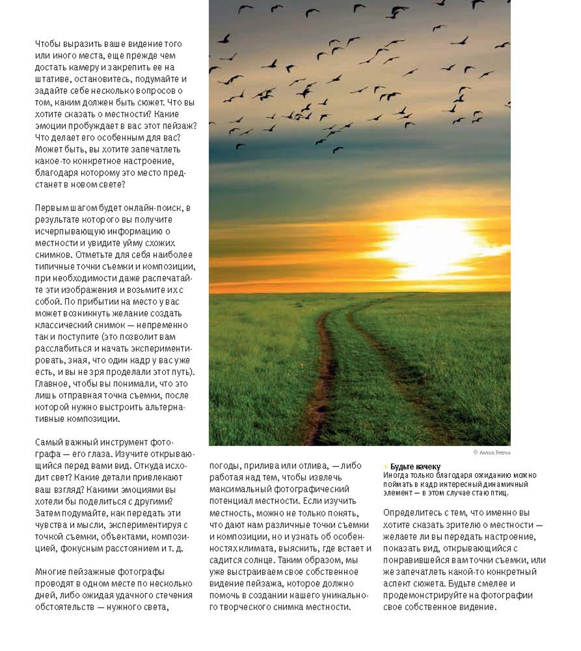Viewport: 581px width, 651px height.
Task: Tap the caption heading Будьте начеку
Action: coord(415,467)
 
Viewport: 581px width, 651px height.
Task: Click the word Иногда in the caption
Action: coord(395,475)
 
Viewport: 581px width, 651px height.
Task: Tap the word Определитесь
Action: coord(412,512)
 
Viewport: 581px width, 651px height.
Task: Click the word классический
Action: coord(63,325)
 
